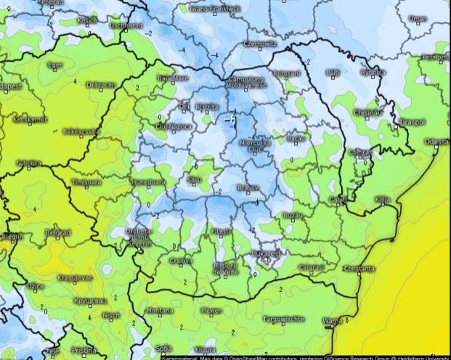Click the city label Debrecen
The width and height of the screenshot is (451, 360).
101,85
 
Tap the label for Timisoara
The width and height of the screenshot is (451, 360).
86,182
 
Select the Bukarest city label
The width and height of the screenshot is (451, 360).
265,253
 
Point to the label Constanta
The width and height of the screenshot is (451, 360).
359,269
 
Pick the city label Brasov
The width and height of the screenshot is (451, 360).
249,187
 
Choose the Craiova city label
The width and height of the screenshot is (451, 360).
181,261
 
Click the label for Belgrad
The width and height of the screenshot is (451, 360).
57,232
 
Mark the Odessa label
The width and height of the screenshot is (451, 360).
437,142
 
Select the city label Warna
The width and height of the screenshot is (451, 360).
332,320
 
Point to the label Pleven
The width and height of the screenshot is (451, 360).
211,311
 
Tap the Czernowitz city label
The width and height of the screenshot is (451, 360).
261,44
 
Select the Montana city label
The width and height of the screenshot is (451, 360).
160,311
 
